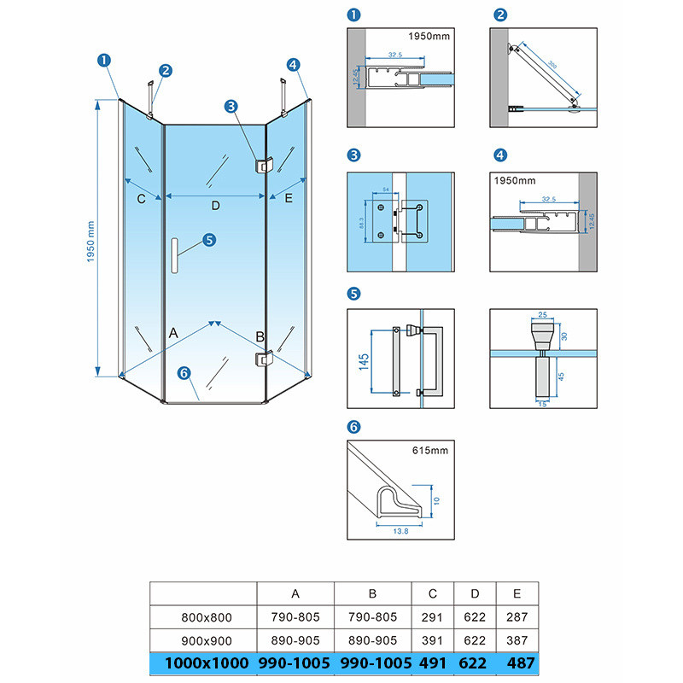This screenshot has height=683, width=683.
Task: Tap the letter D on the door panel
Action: coord(216,206)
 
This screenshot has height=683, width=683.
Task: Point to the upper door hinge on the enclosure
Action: coord(260,163)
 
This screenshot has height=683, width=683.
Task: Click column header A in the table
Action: coord(295,593)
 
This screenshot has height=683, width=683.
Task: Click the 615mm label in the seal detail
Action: coord(431,450)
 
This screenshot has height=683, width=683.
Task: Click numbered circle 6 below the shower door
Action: coord(183,372)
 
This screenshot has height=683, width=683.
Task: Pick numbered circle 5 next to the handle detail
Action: coord(354,295)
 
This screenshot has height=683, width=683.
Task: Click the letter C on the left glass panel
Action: coord(142,199)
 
